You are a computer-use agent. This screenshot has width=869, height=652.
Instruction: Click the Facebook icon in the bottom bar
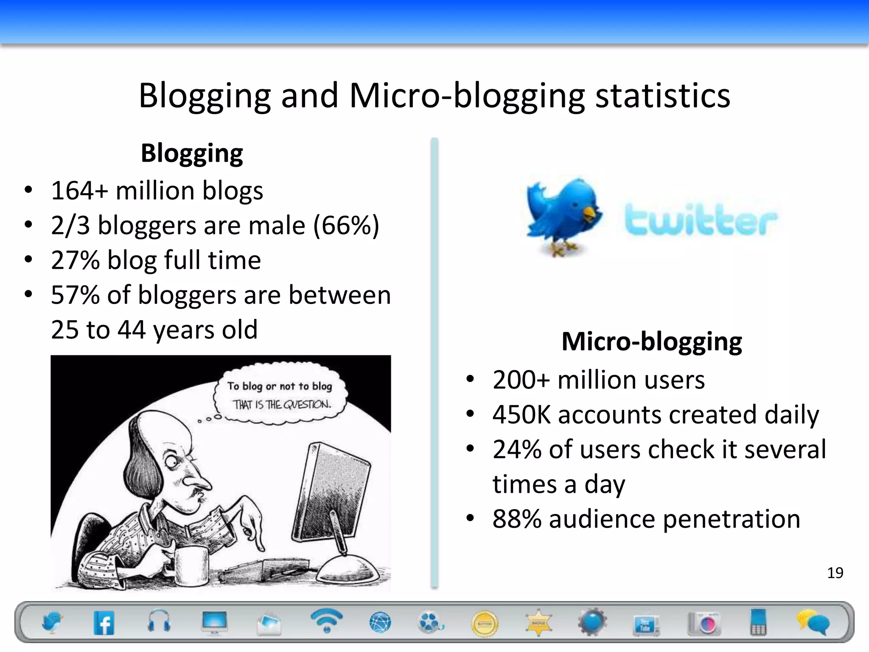click(104, 623)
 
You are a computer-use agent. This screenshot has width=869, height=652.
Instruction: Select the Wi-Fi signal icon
click(326, 620)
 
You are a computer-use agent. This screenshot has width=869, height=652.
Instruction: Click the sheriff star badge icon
click(538, 623)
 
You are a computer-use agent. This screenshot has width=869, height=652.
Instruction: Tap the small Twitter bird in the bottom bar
click(52, 622)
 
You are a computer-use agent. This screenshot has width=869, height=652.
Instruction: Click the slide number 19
click(835, 573)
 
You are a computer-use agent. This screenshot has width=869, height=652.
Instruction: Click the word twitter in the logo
click(701, 220)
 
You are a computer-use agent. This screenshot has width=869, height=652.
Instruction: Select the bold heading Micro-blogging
click(652, 341)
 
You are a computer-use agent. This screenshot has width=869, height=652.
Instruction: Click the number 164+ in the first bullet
click(79, 190)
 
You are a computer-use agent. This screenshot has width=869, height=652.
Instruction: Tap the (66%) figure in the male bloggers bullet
click(346, 225)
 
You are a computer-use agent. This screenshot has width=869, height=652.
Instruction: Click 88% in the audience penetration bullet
click(517, 519)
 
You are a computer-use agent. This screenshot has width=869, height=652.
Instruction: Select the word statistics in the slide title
click(663, 95)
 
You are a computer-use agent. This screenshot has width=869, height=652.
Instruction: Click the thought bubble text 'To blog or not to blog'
click(280, 386)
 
